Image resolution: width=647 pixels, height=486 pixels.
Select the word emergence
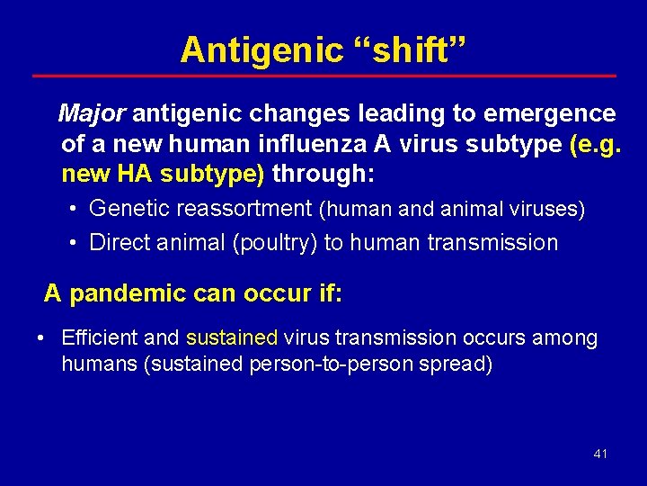click(550, 114)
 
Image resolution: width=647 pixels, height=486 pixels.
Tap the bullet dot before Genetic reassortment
click(73, 210)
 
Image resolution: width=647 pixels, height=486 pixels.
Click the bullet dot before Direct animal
click(73, 243)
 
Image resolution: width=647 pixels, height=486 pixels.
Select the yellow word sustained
click(232, 338)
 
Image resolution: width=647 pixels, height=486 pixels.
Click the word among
click(563, 338)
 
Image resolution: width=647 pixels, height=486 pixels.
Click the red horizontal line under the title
click(323, 76)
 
